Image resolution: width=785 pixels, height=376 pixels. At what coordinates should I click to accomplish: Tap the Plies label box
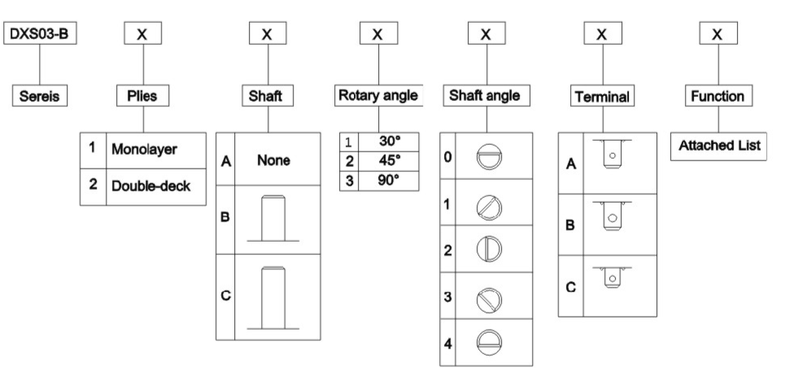coord(143,95)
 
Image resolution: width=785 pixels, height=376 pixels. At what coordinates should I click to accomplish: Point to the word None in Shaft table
coord(273,162)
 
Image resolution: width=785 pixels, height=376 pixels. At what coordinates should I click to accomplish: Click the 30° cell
coord(387,140)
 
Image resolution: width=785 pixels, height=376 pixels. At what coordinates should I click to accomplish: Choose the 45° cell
coord(387,161)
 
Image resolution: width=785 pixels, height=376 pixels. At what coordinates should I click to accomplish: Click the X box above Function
coord(717,34)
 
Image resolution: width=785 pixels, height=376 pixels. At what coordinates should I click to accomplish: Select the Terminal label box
coord(601,97)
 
